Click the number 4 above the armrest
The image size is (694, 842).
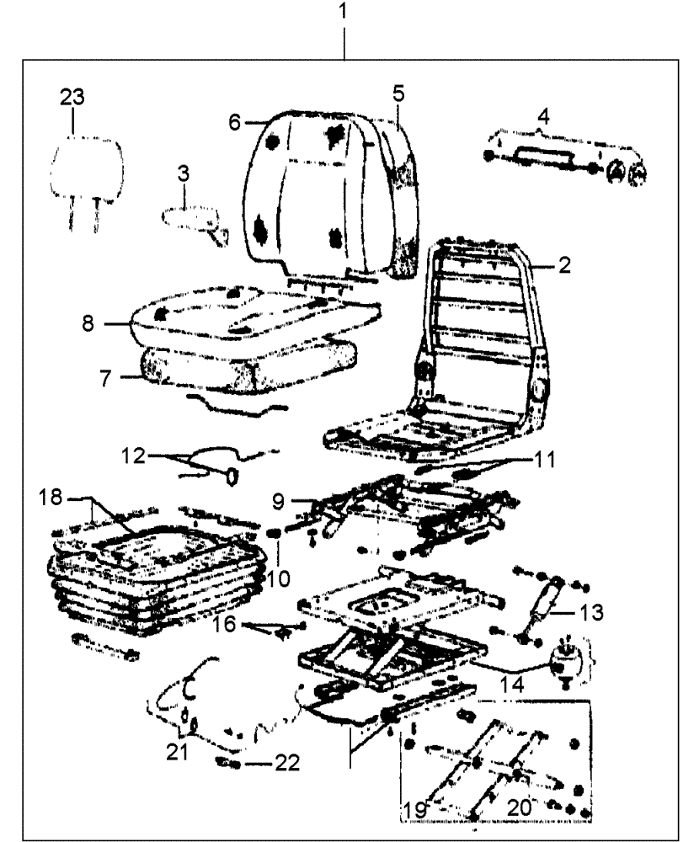point(544,115)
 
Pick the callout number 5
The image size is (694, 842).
point(398,93)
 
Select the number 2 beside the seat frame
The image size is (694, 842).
point(564,265)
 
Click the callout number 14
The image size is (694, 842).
point(516,686)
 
